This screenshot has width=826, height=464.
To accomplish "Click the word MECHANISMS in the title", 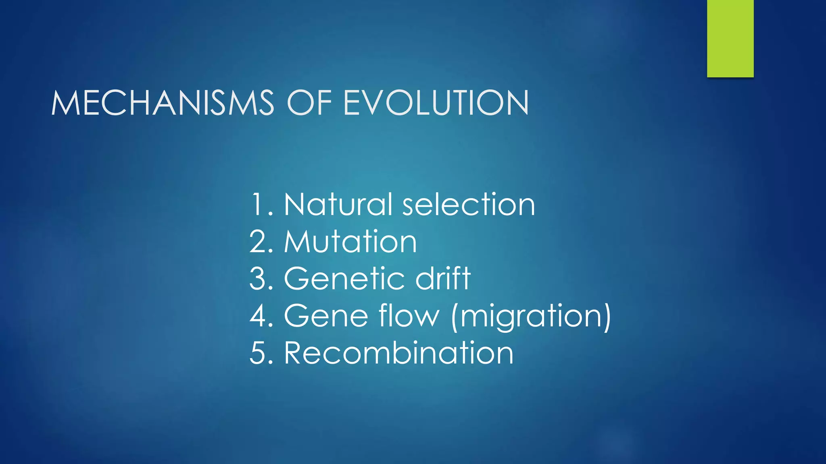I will coord(163,103).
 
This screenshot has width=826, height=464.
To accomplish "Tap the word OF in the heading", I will coord(309,103).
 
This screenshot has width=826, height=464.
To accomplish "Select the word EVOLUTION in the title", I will coord(436,103).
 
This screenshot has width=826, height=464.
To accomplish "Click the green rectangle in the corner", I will coord(730,38).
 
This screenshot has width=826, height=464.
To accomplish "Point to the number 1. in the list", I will coord(262,205).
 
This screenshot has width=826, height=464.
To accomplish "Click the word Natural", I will coord(338,205).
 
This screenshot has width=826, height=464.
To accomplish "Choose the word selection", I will coord(469,205).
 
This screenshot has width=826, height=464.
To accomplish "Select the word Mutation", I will coord(350,242).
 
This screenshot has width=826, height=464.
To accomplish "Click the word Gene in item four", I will coord(326,316).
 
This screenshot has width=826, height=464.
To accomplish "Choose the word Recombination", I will coord(398,353).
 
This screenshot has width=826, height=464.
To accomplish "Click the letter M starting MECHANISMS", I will coord(65,103).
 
